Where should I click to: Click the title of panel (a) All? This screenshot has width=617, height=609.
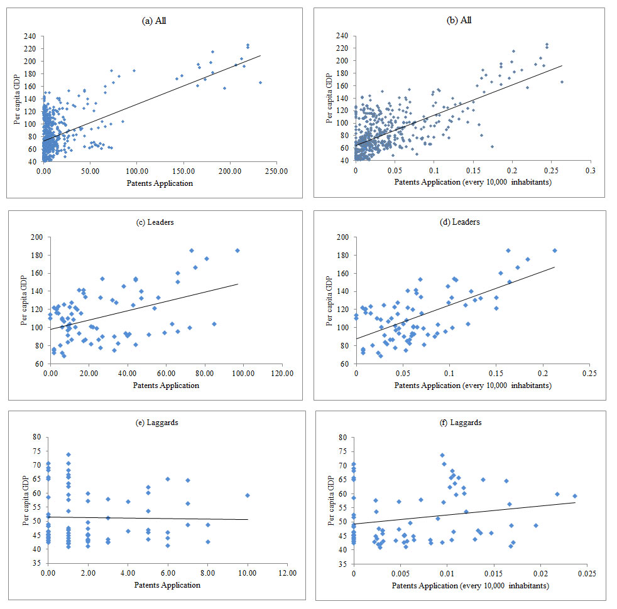(155, 21)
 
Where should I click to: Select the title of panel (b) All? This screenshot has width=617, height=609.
(459, 21)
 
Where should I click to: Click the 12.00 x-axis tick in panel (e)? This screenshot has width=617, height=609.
(287, 574)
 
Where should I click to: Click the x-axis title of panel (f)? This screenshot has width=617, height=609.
(471, 586)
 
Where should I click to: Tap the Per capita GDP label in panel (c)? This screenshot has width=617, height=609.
(21, 301)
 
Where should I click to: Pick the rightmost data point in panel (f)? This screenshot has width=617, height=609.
(575, 496)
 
